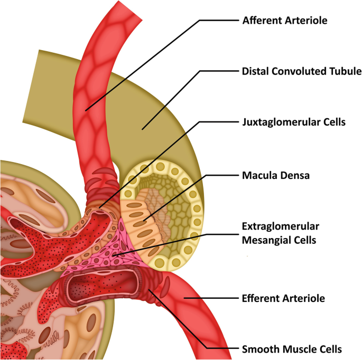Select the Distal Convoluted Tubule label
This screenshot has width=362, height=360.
(x=301, y=71)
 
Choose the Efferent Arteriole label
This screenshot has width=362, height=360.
(x=283, y=298)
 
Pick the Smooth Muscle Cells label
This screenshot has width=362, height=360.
(x=292, y=348)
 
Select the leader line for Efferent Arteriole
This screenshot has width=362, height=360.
(x=211, y=298)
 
